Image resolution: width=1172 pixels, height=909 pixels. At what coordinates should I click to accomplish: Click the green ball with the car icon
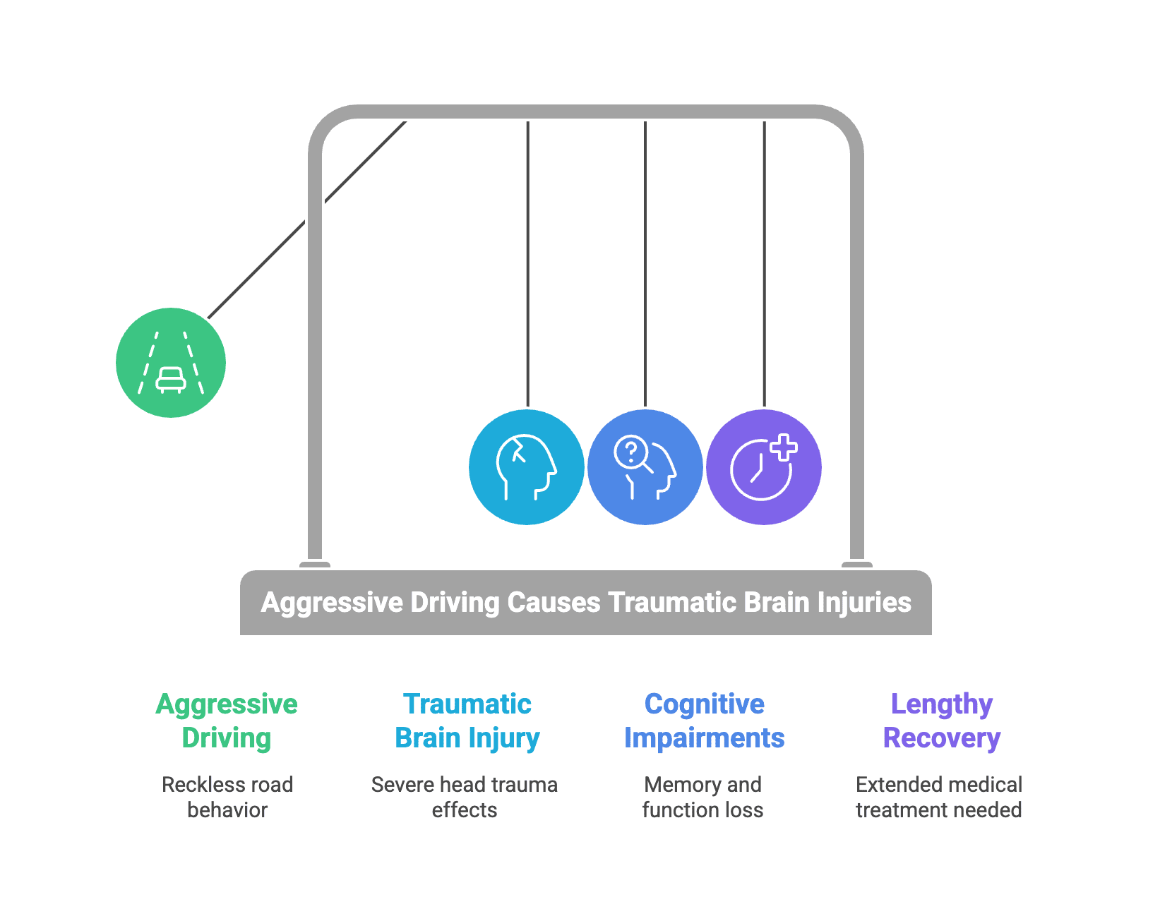click(x=170, y=362)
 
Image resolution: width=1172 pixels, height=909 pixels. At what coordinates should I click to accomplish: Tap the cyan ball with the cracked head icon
click(x=527, y=467)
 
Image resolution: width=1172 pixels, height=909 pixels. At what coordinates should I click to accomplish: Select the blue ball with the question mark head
click(x=645, y=467)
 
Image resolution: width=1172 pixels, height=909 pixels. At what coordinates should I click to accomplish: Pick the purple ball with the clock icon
click(x=764, y=467)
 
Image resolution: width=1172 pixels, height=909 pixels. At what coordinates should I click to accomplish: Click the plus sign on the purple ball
click(x=784, y=447)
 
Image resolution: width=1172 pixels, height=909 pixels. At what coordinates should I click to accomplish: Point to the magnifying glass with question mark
click(x=633, y=454)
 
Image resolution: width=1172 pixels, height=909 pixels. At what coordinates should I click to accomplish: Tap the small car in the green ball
click(x=170, y=380)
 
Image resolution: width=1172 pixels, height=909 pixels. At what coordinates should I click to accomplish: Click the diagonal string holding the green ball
click(x=306, y=220)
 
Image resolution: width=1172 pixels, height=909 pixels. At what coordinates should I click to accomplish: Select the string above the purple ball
click(x=764, y=264)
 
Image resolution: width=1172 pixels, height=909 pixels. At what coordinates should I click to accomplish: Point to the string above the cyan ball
click(x=528, y=264)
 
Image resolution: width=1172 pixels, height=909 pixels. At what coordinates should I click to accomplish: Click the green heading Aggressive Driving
click(x=227, y=721)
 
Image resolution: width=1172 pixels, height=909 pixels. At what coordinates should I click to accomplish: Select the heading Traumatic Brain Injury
click(x=467, y=721)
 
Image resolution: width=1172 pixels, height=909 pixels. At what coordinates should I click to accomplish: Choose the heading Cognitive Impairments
click(x=705, y=721)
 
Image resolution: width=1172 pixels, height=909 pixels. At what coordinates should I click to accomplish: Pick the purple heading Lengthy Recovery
click(x=942, y=721)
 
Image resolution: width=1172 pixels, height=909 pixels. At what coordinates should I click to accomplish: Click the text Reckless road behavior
click(x=227, y=797)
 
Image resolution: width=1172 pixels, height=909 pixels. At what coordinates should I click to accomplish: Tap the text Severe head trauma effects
click(x=465, y=797)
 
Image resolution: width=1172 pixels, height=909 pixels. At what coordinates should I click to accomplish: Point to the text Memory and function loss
click(x=702, y=797)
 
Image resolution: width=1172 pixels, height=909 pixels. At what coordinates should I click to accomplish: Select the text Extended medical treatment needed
click(x=939, y=797)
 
